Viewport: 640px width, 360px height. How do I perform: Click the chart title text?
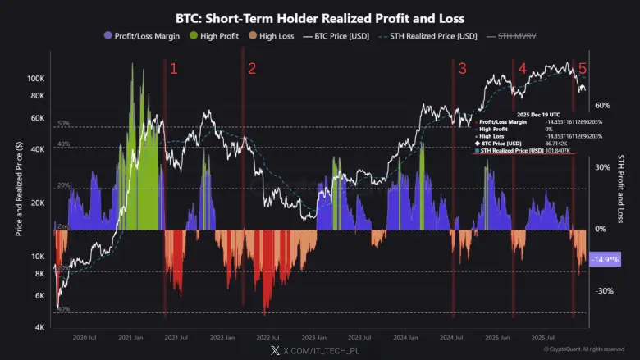click(319, 18)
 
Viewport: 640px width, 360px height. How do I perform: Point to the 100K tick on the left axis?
click(34, 80)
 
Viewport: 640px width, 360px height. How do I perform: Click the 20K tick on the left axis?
click(37, 203)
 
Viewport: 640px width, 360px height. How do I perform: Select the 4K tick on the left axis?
click(39, 327)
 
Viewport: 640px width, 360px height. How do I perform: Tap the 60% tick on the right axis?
click(602, 106)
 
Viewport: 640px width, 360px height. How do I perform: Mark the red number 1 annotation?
click(173, 69)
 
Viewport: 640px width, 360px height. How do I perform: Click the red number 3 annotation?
click(462, 69)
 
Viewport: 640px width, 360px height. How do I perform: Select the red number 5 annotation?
click(583, 69)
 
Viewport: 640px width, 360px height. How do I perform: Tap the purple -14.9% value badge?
click(606, 259)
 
